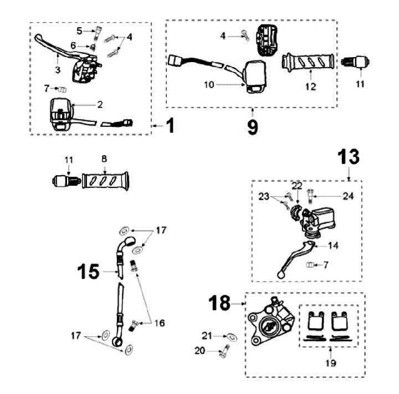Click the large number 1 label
pyautogui.click(x=170, y=126)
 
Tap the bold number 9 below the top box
pyautogui.click(x=253, y=126)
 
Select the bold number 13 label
pyautogui.click(x=349, y=157)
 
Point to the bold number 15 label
pyautogui.click(x=88, y=272)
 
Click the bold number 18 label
pyautogui.click(x=220, y=303)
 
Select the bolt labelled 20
pyautogui.click(x=223, y=351)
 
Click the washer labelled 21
pyautogui.click(x=231, y=336)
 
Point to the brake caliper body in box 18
pyautogui.click(x=269, y=321)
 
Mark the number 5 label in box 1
pyautogui.click(x=79, y=30)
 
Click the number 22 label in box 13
pyautogui.click(x=296, y=185)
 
